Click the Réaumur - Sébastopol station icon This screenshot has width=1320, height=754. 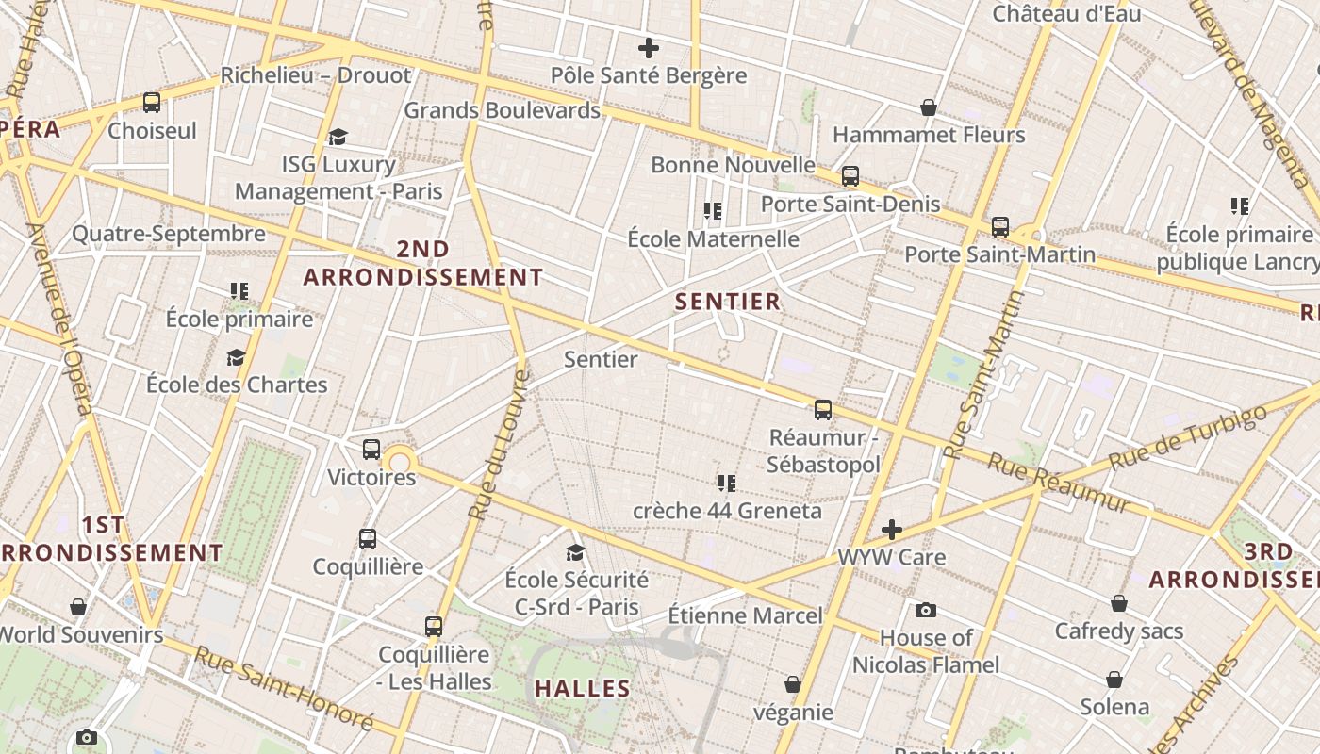click(x=823, y=410)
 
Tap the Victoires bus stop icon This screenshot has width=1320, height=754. click(x=371, y=450)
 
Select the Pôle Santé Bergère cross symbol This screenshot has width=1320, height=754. click(x=649, y=48)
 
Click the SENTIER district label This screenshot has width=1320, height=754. click(x=728, y=302)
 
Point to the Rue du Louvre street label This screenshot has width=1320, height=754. click(x=498, y=445)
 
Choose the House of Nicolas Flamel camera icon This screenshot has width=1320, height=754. click(x=926, y=611)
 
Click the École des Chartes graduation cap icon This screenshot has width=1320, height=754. click(x=236, y=357)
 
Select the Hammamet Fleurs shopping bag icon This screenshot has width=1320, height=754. click(x=929, y=107)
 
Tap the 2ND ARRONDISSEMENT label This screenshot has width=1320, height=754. click(x=422, y=263)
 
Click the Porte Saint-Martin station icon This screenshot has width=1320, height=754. click(x=999, y=227)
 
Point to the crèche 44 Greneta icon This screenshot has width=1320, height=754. click(x=727, y=484)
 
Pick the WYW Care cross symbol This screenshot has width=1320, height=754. click(x=892, y=530)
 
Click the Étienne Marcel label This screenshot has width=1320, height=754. click(x=745, y=616)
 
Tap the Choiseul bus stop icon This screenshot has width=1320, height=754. click(x=152, y=103)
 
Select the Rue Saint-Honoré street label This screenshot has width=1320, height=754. click(x=283, y=689)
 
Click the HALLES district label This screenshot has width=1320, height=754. click(x=583, y=689)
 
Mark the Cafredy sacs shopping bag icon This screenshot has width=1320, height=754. click(x=1119, y=603)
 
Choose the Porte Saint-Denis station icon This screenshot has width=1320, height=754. click(x=850, y=176)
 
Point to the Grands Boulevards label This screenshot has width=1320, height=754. click(x=502, y=110)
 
